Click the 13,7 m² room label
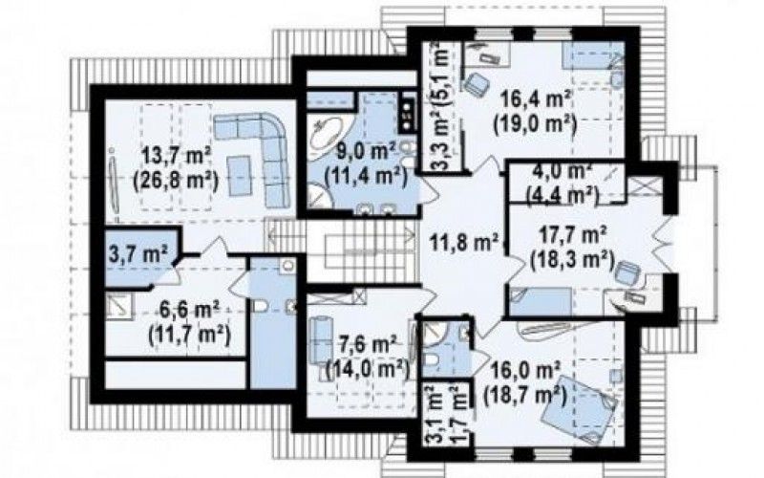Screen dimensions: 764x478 click(x=176, y=157)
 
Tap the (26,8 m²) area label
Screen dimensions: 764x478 click(x=176, y=181)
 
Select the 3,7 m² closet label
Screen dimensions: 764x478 click(x=138, y=254)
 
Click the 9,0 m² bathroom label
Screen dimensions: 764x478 click(x=367, y=152)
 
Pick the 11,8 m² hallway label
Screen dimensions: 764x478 click(x=464, y=242)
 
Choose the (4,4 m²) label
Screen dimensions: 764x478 click(x=562, y=195)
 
